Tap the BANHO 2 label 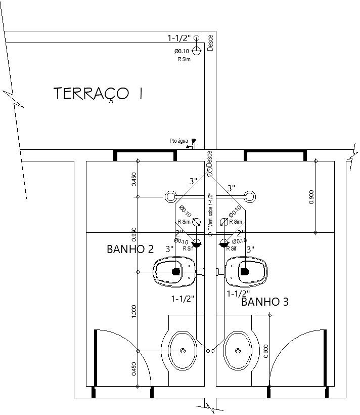(x=130, y=249)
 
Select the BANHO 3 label (x=265, y=302)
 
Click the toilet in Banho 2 (x=173, y=272)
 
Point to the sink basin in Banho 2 (x=182, y=350)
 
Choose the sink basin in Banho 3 (x=238, y=350)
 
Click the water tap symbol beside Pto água (x=193, y=144)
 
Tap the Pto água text (x=178, y=141)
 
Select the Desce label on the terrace (x=211, y=42)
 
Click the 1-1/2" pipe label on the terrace (x=179, y=38)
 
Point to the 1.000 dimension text (x=134, y=312)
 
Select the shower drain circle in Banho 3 (x=249, y=196)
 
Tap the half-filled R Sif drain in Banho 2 (x=197, y=243)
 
